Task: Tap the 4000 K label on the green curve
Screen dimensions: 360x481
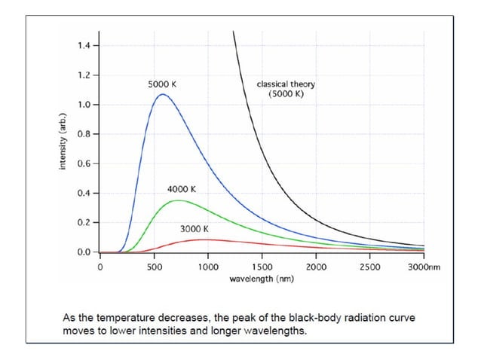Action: coord(182,189)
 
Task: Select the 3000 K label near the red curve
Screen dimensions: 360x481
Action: coord(195,228)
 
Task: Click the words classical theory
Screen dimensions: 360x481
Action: coord(286,84)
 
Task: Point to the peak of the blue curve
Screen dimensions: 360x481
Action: coord(161,95)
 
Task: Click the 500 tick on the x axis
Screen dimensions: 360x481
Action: coord(154,267)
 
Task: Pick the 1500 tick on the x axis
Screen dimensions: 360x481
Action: coord(262,267)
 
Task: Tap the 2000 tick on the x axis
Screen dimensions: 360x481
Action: coord(316,267)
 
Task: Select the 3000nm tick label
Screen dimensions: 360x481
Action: coord(424,267)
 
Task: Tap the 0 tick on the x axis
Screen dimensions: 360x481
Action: coord(100,267)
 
